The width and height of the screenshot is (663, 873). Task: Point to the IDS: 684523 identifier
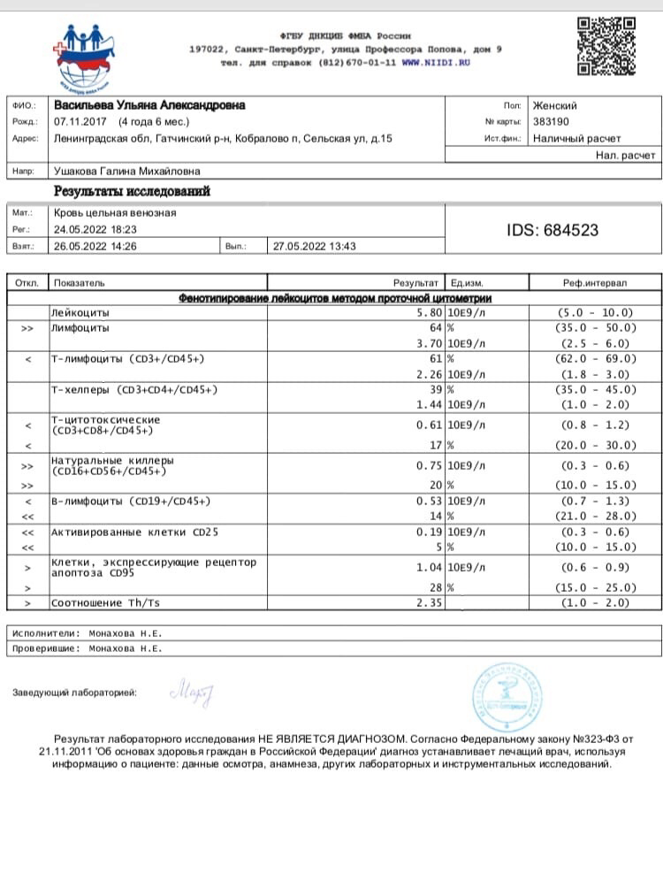552,230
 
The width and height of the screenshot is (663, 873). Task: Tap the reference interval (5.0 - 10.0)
595,312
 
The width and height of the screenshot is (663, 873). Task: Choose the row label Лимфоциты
81,327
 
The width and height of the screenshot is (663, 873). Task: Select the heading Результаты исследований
133,191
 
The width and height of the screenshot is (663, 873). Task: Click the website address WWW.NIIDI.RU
436,64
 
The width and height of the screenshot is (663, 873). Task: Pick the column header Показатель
79,283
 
